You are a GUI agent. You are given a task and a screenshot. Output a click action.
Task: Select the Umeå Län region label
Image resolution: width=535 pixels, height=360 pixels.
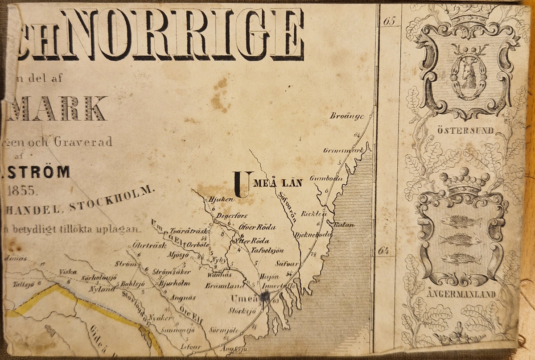coord(268,183)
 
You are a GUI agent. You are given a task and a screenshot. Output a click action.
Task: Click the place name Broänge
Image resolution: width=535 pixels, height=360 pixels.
coord(347,116)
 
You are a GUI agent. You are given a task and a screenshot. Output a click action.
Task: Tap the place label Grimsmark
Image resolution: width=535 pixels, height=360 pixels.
coord(343,150)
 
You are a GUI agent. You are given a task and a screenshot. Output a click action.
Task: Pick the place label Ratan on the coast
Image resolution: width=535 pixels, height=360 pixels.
coord(344,225)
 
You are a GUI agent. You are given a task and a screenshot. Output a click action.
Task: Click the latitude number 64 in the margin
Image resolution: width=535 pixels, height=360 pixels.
coord(384,251)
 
